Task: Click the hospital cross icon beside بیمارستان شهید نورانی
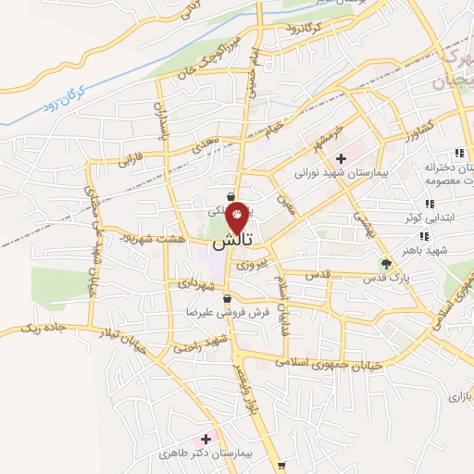(x=342, y=159)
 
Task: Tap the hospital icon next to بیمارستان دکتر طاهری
(x=206, y=437)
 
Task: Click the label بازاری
(x=460, y=396)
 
